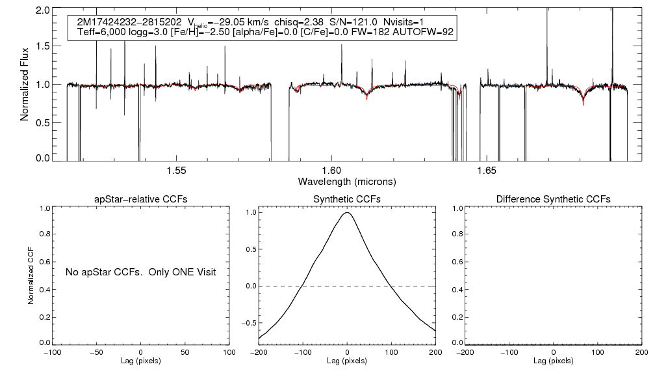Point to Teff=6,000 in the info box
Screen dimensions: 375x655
click(101, 32)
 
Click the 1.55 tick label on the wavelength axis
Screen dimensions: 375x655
click(177, 171)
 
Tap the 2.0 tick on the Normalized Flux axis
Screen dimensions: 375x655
click(43, 11)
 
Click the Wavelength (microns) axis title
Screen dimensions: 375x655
click(346, 180)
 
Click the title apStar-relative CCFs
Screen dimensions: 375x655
click(141, 199)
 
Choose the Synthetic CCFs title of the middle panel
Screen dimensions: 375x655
click(346, 199)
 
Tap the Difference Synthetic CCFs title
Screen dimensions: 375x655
click(553, 199)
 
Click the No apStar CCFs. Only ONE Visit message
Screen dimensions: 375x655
click(140, 271)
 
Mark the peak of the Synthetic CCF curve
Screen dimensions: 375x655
click(348, 213)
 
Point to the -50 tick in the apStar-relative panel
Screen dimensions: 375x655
click(97, 352)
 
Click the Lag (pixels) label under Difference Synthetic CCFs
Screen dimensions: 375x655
click(553, 360)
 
